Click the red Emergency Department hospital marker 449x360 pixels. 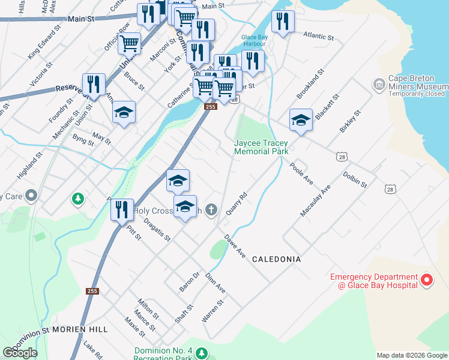click(x=426, y=280)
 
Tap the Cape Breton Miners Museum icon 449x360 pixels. click(x=379, y=85)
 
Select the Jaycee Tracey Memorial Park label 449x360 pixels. click(x=261, y=148)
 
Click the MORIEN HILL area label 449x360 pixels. click(x=80, y=329)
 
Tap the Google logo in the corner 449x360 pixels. click(x=20, y=353)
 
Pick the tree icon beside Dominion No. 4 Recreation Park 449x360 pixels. click(x=202, y=352)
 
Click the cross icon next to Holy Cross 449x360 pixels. click(x=210, y=209)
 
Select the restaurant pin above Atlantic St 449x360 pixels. click(x=283, y=22)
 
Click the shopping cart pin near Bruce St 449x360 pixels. click(x=129, y=43)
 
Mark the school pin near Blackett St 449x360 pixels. click(x=300, y=119)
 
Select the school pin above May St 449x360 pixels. click(x=124, y=112)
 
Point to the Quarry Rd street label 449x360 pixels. click(x=237, y=204)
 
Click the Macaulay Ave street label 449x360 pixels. click(x=316, y=201)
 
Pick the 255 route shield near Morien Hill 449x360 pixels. click(x=91, y=291)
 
